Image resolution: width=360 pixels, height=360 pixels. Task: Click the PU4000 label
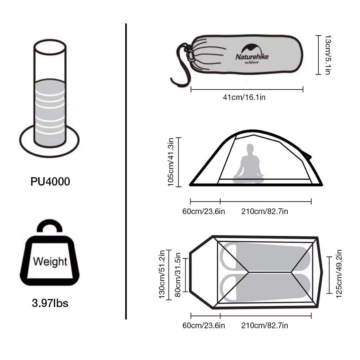click(50, 182)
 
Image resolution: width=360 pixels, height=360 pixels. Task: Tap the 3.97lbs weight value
click(50, 303)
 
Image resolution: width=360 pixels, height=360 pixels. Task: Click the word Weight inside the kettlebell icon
click(50, 261)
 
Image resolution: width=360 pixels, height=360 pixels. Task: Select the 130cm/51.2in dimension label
click(162, 274)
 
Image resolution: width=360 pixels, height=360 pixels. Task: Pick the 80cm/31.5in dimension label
click(177, 274)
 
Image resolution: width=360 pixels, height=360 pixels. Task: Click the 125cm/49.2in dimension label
click(339, 274)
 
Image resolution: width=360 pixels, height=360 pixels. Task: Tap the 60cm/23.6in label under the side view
click(204, 211)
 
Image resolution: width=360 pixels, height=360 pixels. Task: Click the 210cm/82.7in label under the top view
click(265, 325)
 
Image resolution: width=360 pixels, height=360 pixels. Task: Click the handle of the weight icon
click(50, 227)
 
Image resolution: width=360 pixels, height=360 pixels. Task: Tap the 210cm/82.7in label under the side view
click(265, 211)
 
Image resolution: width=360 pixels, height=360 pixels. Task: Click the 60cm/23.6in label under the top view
click(204, 325)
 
